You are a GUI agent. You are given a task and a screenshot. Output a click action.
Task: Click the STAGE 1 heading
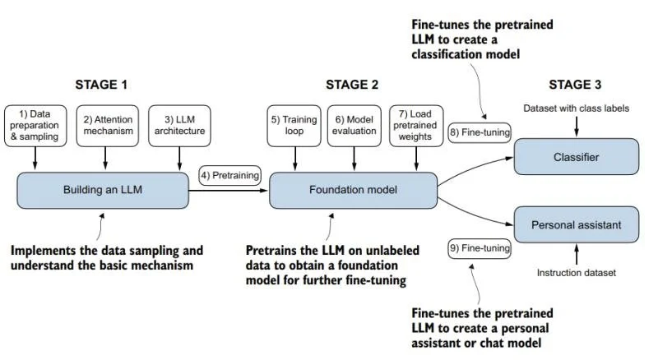101,85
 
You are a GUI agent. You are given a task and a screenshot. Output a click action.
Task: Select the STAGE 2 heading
352,85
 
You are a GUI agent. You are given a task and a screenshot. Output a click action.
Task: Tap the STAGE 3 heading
575,85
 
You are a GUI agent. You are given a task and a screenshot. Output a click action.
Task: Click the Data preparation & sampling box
35,126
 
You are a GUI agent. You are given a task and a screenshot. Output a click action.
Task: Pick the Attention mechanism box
108,126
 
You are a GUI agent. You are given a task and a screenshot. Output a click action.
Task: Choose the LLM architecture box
179,126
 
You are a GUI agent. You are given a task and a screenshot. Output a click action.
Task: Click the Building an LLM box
103,190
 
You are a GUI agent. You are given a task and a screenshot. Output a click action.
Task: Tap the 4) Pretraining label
229,175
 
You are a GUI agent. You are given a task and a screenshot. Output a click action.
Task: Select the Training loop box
294,126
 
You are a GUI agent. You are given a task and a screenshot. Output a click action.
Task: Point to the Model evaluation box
354,126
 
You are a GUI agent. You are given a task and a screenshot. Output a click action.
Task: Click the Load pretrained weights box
416,126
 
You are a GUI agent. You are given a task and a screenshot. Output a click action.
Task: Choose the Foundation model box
354,190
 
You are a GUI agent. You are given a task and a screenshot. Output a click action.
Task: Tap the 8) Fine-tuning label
480,132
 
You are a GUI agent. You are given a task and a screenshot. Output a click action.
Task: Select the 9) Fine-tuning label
480,248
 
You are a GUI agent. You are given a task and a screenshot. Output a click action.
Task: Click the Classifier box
577,157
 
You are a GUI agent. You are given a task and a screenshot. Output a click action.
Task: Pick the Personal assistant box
577,225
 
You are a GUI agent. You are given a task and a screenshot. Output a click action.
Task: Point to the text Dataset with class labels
577,108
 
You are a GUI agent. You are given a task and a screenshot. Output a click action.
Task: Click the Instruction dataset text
577,273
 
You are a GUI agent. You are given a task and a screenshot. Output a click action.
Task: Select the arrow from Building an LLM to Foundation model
229,191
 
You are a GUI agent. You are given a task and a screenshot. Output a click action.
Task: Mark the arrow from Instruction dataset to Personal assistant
577,254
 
